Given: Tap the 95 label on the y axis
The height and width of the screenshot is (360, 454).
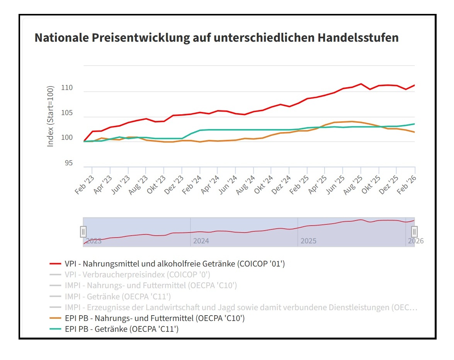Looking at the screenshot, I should pyautogui.click(x=68, y=163).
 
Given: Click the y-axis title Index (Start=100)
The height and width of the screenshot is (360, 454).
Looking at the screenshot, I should pyautogui.click(x=51, y=116).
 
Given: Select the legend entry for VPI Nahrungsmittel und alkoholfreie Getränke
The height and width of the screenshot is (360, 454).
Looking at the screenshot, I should pyautogui.click(x=175, y=264).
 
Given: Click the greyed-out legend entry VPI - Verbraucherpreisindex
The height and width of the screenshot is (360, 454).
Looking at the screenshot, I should pyautogui.click(x=138, y=275).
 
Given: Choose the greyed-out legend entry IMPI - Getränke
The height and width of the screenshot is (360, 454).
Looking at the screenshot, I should pyautogui.click(x=118, y=297).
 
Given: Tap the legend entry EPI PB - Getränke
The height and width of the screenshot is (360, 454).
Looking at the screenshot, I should pyautogui.click(x=122, y=329).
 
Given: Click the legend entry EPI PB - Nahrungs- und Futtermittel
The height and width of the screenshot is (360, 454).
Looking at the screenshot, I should pyautogui.click(x=155, y=318).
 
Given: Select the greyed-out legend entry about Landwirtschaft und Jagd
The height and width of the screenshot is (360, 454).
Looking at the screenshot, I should pyautogui.click(x=241, y=307).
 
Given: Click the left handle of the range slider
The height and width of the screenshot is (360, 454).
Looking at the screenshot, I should pyautogui.click(x=83, y=232).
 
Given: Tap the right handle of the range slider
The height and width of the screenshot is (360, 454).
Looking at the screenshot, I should pyautogui.click(x=414, y=232).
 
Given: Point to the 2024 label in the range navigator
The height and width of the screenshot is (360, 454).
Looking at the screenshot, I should pyautogui.click(x=201, y=241).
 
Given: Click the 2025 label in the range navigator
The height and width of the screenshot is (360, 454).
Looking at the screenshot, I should pyautogui.click(x=308, y=241).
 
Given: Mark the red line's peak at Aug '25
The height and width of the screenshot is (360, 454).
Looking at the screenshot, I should pyautogui.click(x=360, y=84).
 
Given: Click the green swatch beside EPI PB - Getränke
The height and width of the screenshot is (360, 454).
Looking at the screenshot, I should pyautogui.click(x=56, y=329).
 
